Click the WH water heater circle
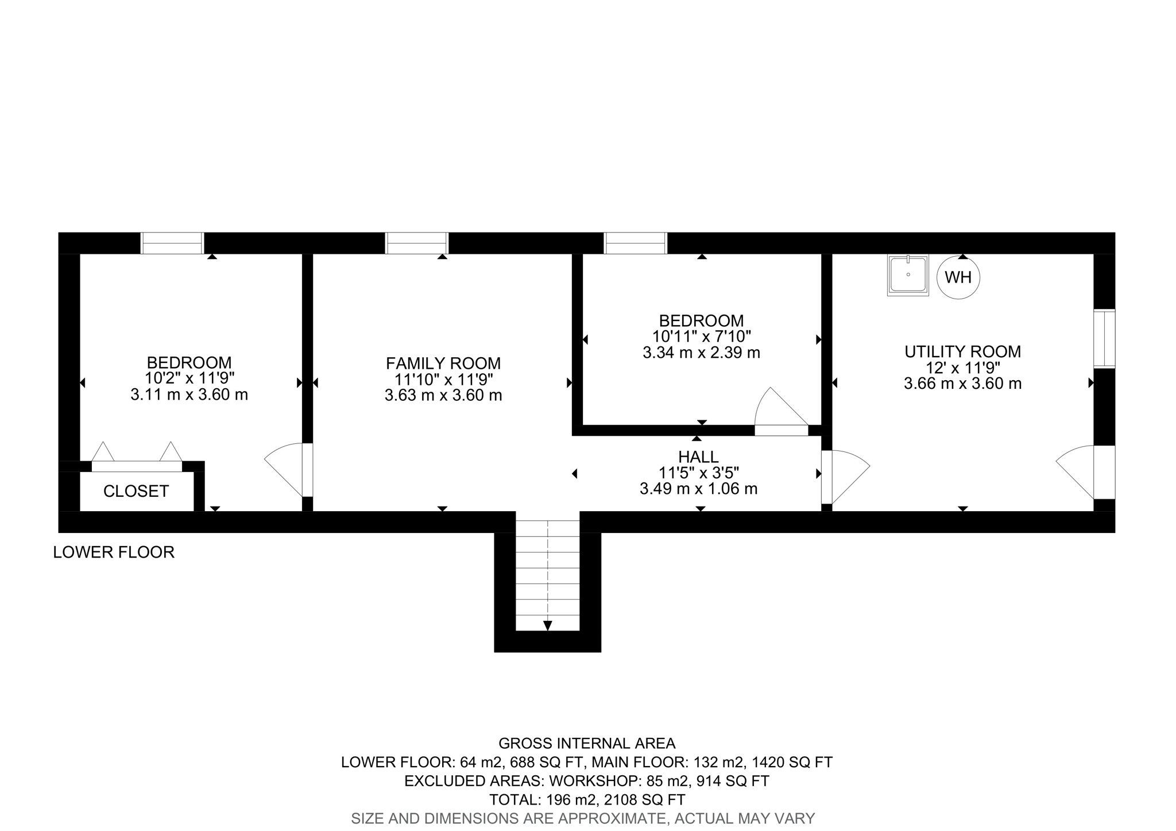pos(958,277)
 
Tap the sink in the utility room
pos(908,275)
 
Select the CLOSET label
pos(136,491)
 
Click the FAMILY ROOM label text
pos(443,364)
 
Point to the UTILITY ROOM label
pos(963,351)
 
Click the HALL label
pos(698,457)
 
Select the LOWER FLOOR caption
pos(114,552)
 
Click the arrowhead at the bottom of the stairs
pos(548,625)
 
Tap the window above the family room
pos(416,243)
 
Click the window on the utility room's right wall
pos(1104,339)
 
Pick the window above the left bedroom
pos(172,243)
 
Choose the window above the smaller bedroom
pos(636,243)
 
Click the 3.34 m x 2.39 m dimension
pos(701,353)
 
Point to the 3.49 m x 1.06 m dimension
pos(698,489)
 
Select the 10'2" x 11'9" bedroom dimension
pos(189,379)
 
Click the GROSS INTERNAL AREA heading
pos(587,744)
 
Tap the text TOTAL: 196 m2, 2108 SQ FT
pos(587,799)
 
